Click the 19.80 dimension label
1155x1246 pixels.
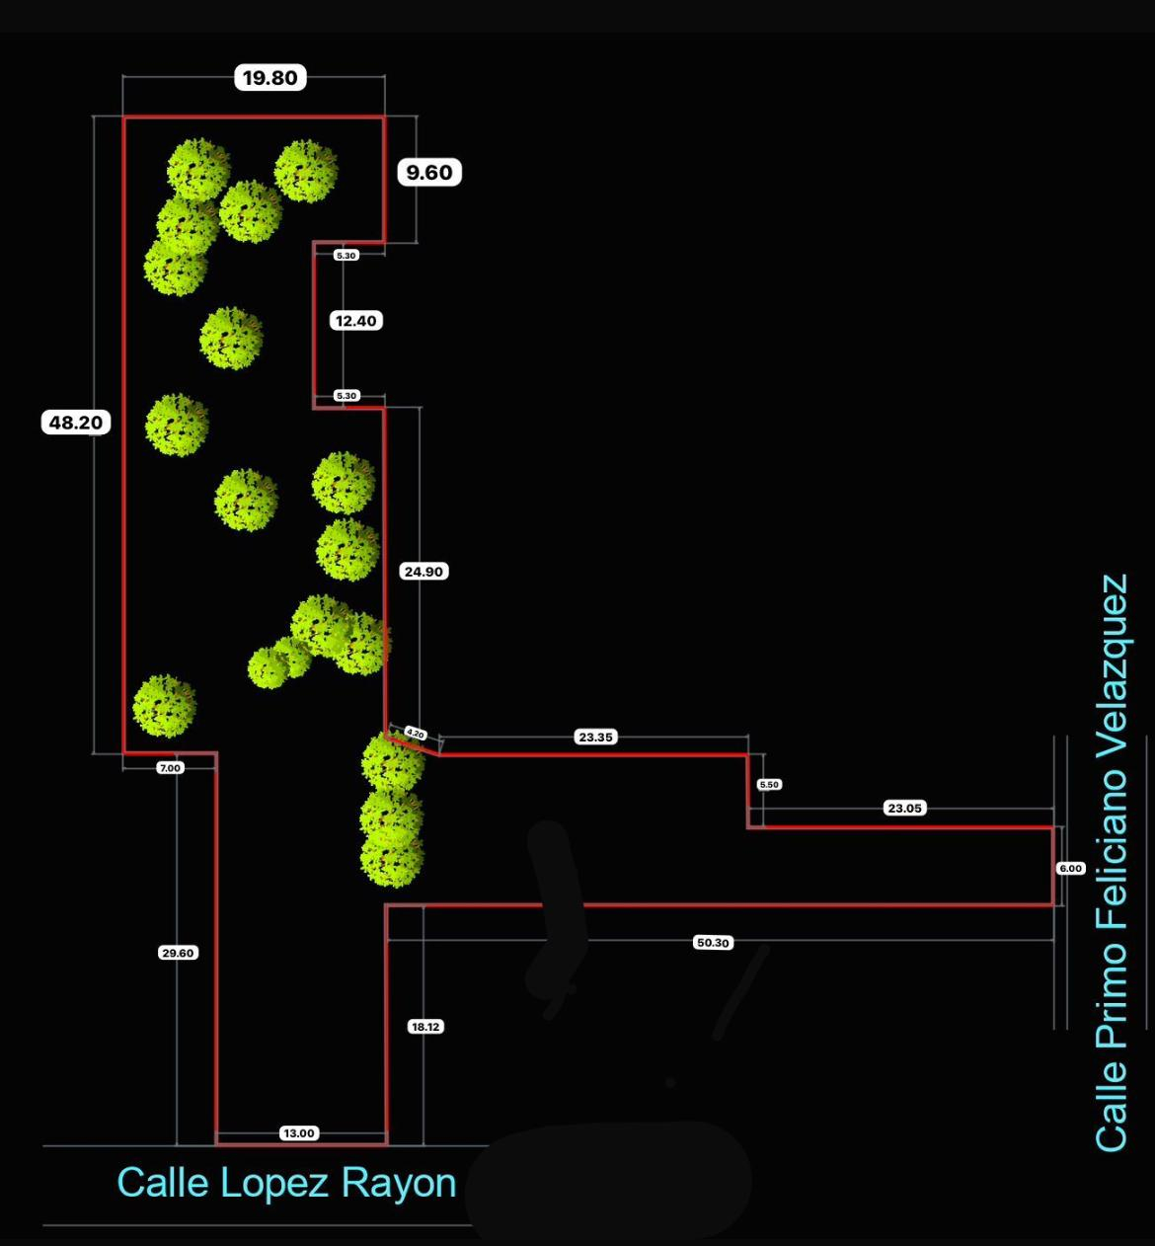pyautogui.click(x=269, y=78)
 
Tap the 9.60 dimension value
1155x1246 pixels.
pyautogui.click(x=428, y=173)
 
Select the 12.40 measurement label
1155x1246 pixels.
pyautogui.click(x=355, y=321)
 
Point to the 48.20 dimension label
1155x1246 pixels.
pyautogui.click(x=75, y=423)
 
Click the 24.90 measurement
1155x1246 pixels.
pyautogui.click(x=423, y=571)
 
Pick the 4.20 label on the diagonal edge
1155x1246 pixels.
pyautogui.click(x=416, y=734)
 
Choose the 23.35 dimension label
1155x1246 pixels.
pyautogui.click(x=595, y=737)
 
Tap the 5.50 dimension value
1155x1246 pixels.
pyautogui.click(x=769, y=784)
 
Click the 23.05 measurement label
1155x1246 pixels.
pyautogui.click(x=904, y=808)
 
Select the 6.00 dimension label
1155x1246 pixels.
pyautogui.click(x=1071, y=868)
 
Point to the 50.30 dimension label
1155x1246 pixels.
pyautogui.click(x=713, y=943)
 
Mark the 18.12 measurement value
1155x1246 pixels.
pyautogui.click(x=425, y=1027)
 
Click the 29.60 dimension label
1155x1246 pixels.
pyautogui.click(x=178, y=953)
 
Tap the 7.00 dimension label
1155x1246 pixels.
pyautogui.click(x=170, y=768)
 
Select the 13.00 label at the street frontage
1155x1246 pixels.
pyautogui.click(x=298, y=1133)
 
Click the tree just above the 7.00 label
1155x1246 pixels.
pyautogui.click(x=164, y=706)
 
